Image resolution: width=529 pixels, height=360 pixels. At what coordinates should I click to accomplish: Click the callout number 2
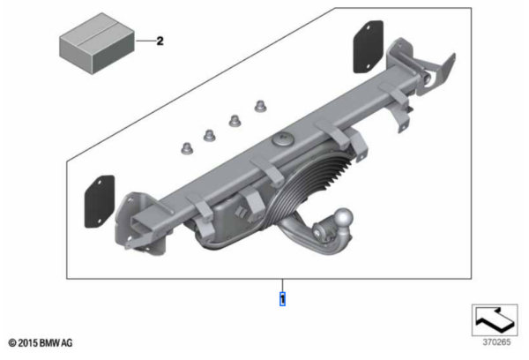coord(160,41)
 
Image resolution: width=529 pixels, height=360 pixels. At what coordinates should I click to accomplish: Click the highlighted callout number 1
coord(282,299)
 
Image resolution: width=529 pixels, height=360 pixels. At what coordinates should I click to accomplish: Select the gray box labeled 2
coord(97,43)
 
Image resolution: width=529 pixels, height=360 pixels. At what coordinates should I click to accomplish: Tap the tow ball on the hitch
coord(344,217)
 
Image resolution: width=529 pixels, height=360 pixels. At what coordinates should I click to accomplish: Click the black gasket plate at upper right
coord(368,47)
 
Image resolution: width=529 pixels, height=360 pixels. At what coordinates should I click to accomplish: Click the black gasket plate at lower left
coord(99,201)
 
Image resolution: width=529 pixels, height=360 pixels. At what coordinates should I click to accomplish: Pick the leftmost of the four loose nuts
coord(187,148)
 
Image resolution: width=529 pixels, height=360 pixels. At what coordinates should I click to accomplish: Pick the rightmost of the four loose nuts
coord(260,106)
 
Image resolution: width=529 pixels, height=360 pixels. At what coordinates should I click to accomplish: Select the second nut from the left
coord(209,135)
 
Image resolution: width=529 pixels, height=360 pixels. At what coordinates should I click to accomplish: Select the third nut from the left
coord(235,121)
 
